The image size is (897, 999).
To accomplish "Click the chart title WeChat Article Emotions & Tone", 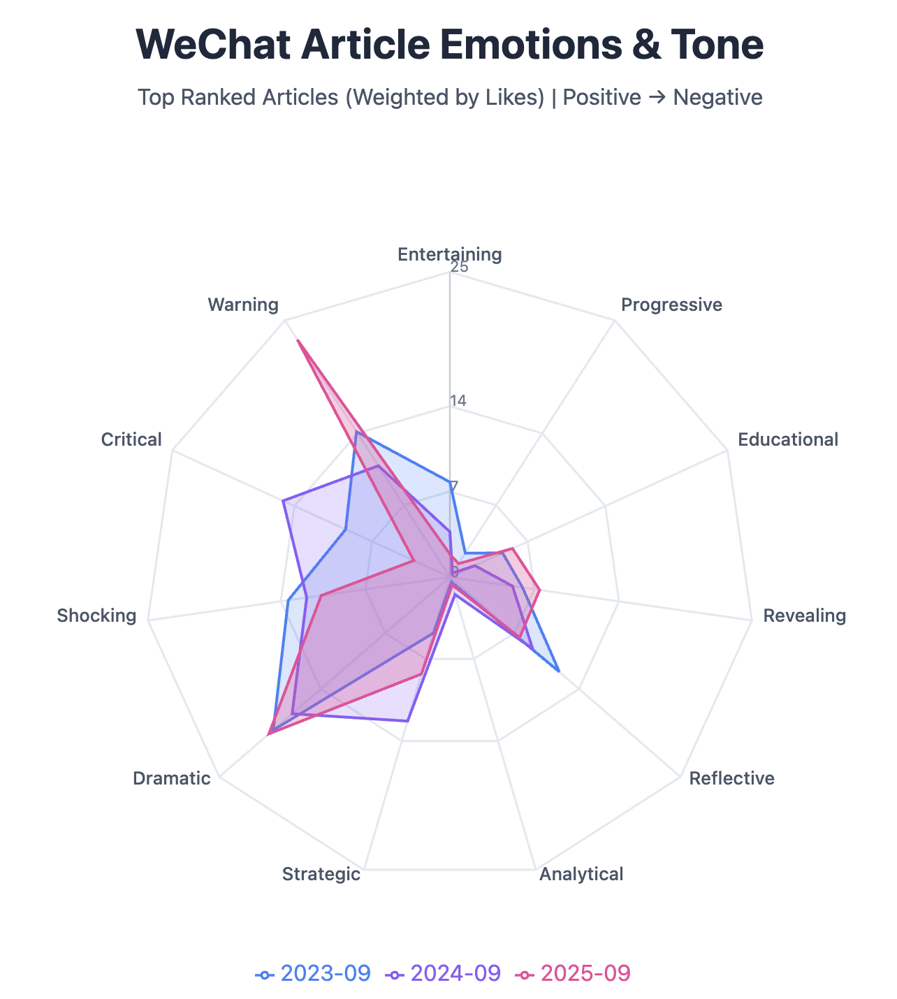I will click(449, 45).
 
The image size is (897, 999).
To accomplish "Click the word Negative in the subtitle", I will click(717, 97).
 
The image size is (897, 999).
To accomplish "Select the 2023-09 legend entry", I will click(314, 973).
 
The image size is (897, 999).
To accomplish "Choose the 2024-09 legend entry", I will click(444, 973).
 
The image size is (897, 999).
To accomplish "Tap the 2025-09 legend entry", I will click(574, 973).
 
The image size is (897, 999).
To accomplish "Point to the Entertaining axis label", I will click(449, 254).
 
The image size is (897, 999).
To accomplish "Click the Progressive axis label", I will click(671, 305).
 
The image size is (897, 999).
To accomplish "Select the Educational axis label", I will click(787, 439).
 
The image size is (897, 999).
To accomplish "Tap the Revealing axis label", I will click(804, 615).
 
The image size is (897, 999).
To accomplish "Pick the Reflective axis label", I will click(731, 778).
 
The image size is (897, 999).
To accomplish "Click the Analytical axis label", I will click(581, 874).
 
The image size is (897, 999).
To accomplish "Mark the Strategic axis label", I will click(321, 874).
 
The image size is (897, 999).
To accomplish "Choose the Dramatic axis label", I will click(171, 778).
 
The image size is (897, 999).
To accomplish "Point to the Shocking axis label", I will click(96, 615).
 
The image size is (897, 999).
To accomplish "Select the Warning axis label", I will click(243, 305).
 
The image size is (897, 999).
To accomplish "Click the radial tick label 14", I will click(458, 401).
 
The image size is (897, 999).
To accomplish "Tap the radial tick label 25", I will click(459, 268).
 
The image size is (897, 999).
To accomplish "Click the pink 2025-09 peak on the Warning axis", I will click(298, 341).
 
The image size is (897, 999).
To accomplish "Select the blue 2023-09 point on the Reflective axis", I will click(558, 671).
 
